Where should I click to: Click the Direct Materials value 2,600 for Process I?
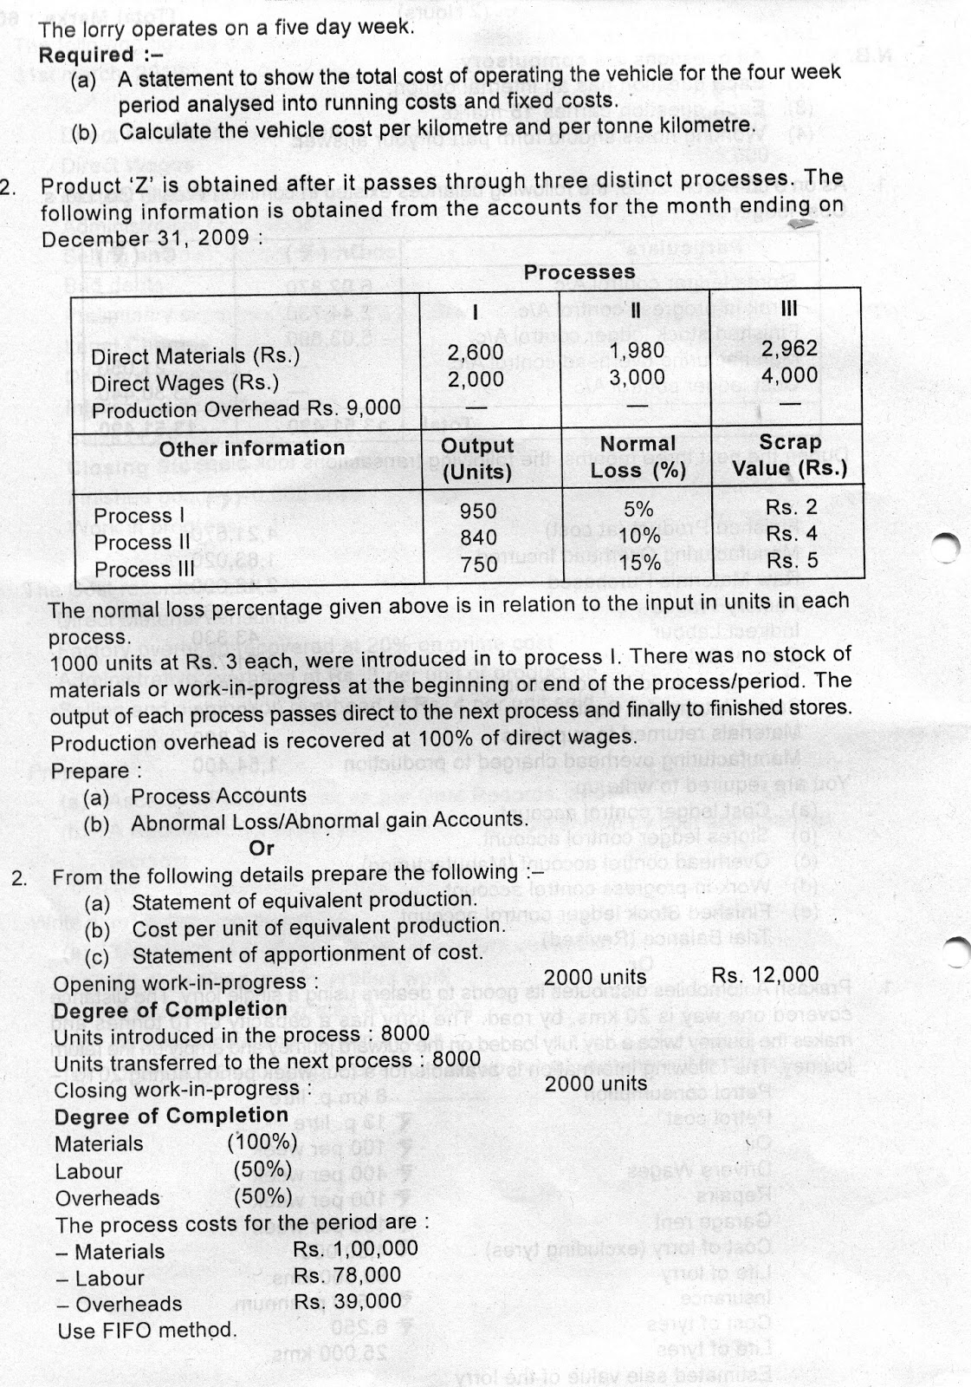pyautogui.click(x=475, y=352)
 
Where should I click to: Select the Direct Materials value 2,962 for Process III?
pyautogui.click(x=788, y=348)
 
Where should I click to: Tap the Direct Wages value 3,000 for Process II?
pyautogui.click(x=637, y=377)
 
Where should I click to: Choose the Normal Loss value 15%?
pyautogui.click(x=638, y=563)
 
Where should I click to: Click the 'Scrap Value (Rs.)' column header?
pyautogui.click(x=789, y=456)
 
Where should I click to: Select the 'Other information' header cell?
pyautogui.click(x=251, y=448)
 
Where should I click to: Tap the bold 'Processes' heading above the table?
pyautogui.click(x=579, y=272)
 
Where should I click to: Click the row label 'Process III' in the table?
pyautogui.click(x=145, y=570)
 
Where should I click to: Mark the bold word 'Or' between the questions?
pyautogui.click(x=261, y=848)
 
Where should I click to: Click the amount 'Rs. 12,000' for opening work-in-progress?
pyautogui.click(x=765, y=975)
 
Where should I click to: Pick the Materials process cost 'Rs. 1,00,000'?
pyautogui.click(x=355, y=1248)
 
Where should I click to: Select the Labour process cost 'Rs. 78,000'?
pyautogui.click(x=347, y=1275)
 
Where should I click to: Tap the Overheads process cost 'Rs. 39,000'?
pyautogui.click(x=347, y=1301)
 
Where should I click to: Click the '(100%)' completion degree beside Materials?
pyautogui.click(x=262, y=1142)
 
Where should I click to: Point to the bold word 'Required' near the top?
pyautogui.click(x=86, y=55)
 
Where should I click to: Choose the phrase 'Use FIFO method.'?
pyautogui.click(x=146, y=1330)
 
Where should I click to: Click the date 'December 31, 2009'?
pyautogui.click(x=145, y=238)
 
